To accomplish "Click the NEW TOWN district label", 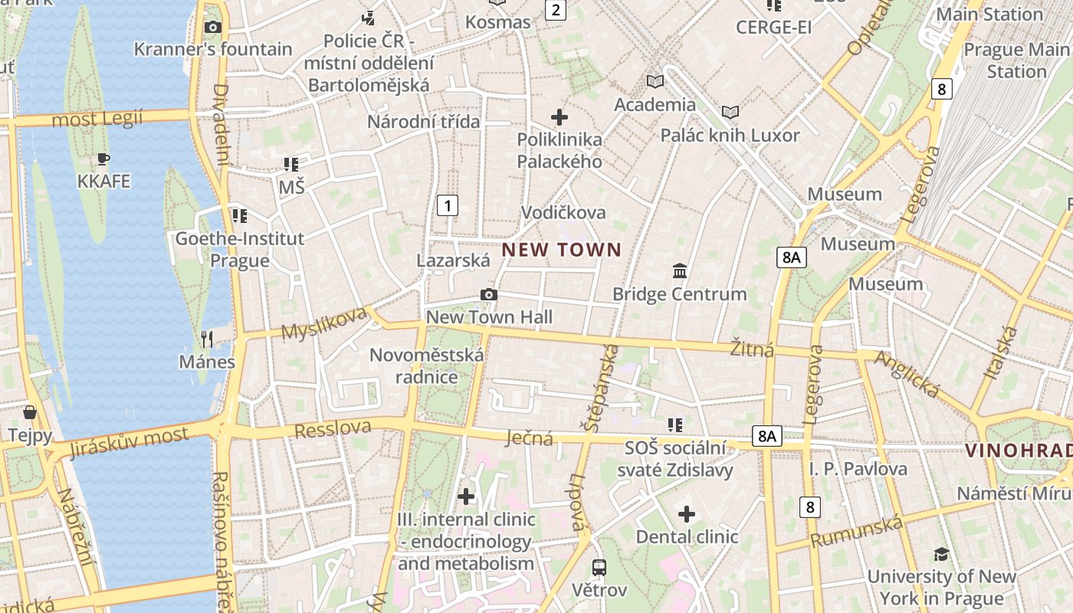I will click(561, 250).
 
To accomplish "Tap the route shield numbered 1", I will click(447, 205).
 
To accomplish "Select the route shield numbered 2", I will click(555, 10).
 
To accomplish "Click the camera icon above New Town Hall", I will click(488, 295).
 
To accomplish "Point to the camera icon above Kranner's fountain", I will click(212, 28).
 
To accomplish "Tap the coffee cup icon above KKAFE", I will click(103, 159).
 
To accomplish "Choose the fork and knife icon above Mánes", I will click(206, 339).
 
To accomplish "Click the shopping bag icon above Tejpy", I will click(30, 413).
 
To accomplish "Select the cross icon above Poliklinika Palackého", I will click(559, 117).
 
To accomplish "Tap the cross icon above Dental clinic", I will click(687, 513).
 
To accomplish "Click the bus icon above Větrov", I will click(599, 568).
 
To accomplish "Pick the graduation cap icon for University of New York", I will click(941, 554).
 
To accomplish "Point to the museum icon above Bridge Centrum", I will click(680, 271).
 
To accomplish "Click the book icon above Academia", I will click(655, 81).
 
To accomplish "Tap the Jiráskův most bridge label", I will click(129, 442).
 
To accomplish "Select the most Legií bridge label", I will click(97, 119).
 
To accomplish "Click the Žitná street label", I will click(752, 349).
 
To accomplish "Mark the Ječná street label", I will click(530, 438).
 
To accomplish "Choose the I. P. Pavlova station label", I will click(858, 468).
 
